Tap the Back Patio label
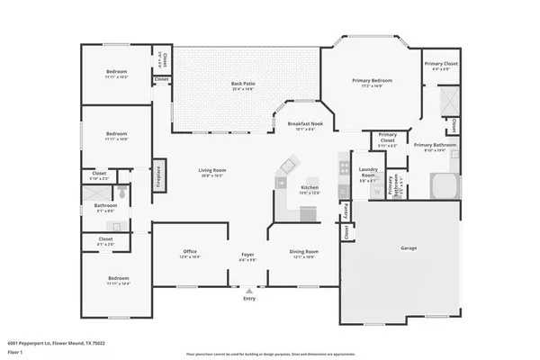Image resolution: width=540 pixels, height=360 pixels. [x=247, y=85]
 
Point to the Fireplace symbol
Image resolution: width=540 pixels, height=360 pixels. [x=157, y=173]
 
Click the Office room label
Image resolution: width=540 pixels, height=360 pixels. [x=190, y=252]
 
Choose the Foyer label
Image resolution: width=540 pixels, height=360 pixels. [x=247, y=255]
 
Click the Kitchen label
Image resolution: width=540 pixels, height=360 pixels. [x=309, y=188]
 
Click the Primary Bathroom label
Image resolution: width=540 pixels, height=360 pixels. [x=435, y=145]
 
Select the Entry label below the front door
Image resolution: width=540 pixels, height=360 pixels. [x=248, y=299]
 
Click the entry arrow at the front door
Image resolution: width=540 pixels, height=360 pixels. [x=248, y=291]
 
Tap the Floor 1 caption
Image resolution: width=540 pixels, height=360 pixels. [x=16, y=351]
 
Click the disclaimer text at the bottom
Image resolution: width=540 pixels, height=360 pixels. [x=269, y=352]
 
